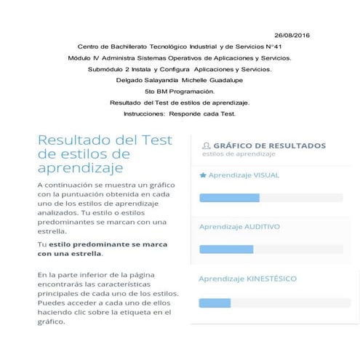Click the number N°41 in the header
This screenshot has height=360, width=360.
281,47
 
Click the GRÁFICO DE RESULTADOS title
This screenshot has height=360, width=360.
269,145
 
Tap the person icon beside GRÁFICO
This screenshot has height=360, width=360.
207,145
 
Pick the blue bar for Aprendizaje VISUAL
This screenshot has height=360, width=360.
229,198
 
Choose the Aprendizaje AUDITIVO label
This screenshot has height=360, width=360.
239,227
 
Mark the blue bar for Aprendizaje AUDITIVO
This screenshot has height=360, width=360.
226,249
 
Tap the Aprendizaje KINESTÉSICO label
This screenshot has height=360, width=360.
247,279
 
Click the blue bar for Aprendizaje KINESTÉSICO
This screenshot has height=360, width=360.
215,303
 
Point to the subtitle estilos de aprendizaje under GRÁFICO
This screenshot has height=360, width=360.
239,155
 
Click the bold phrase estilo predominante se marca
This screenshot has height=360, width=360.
102,244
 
